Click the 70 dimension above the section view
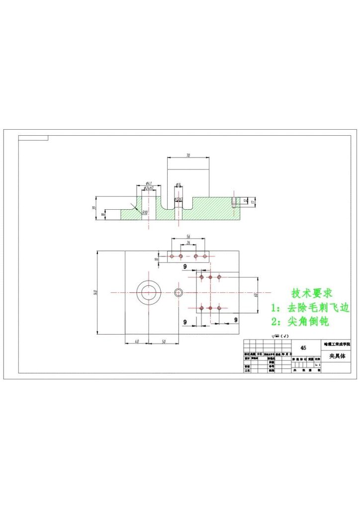[188, 156]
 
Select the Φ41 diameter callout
[149, 183]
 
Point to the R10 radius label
[145, 212]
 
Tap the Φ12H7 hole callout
[179, 199]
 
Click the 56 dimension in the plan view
[188, 237]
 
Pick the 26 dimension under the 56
[188, 243]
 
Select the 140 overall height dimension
[95, 293]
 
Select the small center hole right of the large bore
[179, 292]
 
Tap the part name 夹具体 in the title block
[337, 356]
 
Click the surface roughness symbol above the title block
[279, 337]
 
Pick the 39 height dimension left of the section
[94, 208]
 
